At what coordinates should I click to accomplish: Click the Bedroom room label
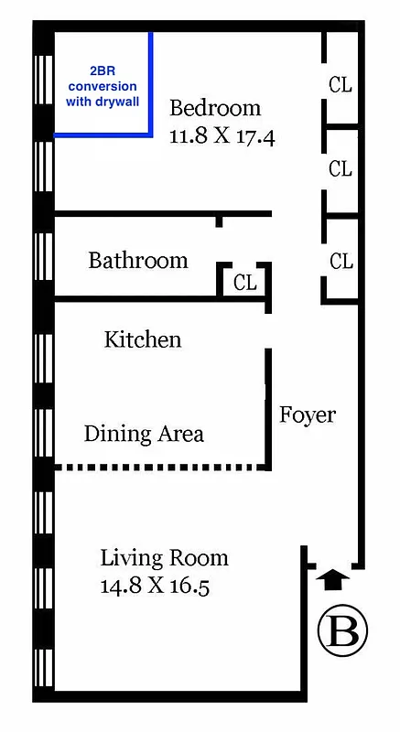point(215,108)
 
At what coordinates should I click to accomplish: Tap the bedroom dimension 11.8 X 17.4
point(222,137)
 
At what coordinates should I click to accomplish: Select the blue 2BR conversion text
point(103,86)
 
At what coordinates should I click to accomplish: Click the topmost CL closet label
point(341,84)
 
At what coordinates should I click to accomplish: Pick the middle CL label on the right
point(341,169)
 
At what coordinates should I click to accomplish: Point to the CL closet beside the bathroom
point(244,282)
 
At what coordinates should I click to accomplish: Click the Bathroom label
point(137,261)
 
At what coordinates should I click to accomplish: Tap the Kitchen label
point(143,339)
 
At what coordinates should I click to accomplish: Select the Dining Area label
point(144,433)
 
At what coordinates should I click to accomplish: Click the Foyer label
point(308,414)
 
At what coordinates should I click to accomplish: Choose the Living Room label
point(164,557)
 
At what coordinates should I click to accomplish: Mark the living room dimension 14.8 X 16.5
point(155,587)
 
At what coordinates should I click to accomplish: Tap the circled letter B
point(342,631)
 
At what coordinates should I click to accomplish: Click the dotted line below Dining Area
point(160,468)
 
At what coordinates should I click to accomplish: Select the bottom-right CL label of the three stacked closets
point(341,262)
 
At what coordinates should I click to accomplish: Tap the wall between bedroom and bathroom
point(137,214)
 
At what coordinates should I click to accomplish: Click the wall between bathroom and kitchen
point(137,298)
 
